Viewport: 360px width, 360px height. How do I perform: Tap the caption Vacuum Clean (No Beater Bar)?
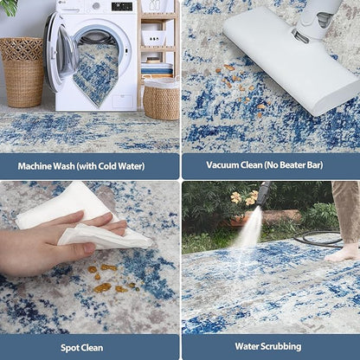(x=270, y=165)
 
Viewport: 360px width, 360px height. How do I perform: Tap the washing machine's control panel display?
(x=122, y=7)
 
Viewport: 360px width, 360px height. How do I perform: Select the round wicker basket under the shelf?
(x=161, y=99)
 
